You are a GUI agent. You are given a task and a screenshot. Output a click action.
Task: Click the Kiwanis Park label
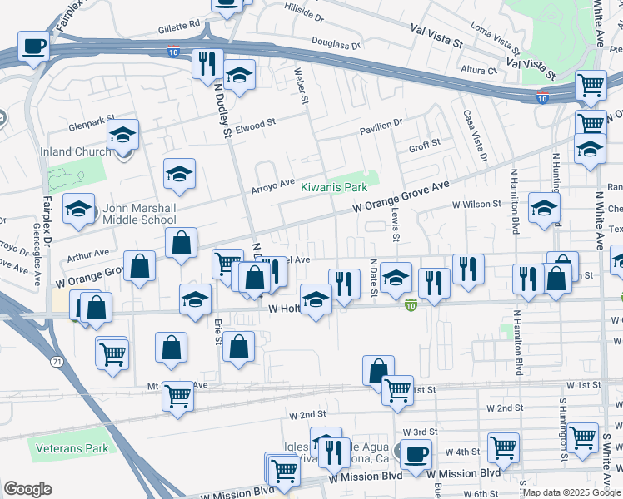click(x=334, y=187)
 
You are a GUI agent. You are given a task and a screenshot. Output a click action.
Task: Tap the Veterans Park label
click(x=72, y=448)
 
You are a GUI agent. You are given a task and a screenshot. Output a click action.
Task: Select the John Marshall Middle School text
click(x=139, y=214)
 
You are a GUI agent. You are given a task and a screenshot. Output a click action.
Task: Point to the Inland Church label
click(x=76, y=151)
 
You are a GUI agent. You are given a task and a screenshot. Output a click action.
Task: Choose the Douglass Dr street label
click(x=336, y=43)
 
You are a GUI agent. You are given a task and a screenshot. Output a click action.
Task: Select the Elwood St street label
click(x=256, y=125)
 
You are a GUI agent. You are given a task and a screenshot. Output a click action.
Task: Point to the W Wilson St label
click(x=480, y=204)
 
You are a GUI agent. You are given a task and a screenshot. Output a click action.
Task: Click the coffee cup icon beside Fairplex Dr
click(x=33, y=46)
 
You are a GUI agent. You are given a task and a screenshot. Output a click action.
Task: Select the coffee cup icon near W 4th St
click(x=416, y=454)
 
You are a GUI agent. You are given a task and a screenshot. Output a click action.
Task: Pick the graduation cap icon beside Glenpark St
click(x=122, y=134)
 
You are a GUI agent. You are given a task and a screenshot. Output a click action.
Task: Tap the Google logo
click(x=27, y=489)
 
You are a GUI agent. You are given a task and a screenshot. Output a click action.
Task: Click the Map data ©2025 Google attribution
click(x=571, y=492)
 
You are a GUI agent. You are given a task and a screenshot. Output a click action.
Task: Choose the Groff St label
click(x=424, y=146)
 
